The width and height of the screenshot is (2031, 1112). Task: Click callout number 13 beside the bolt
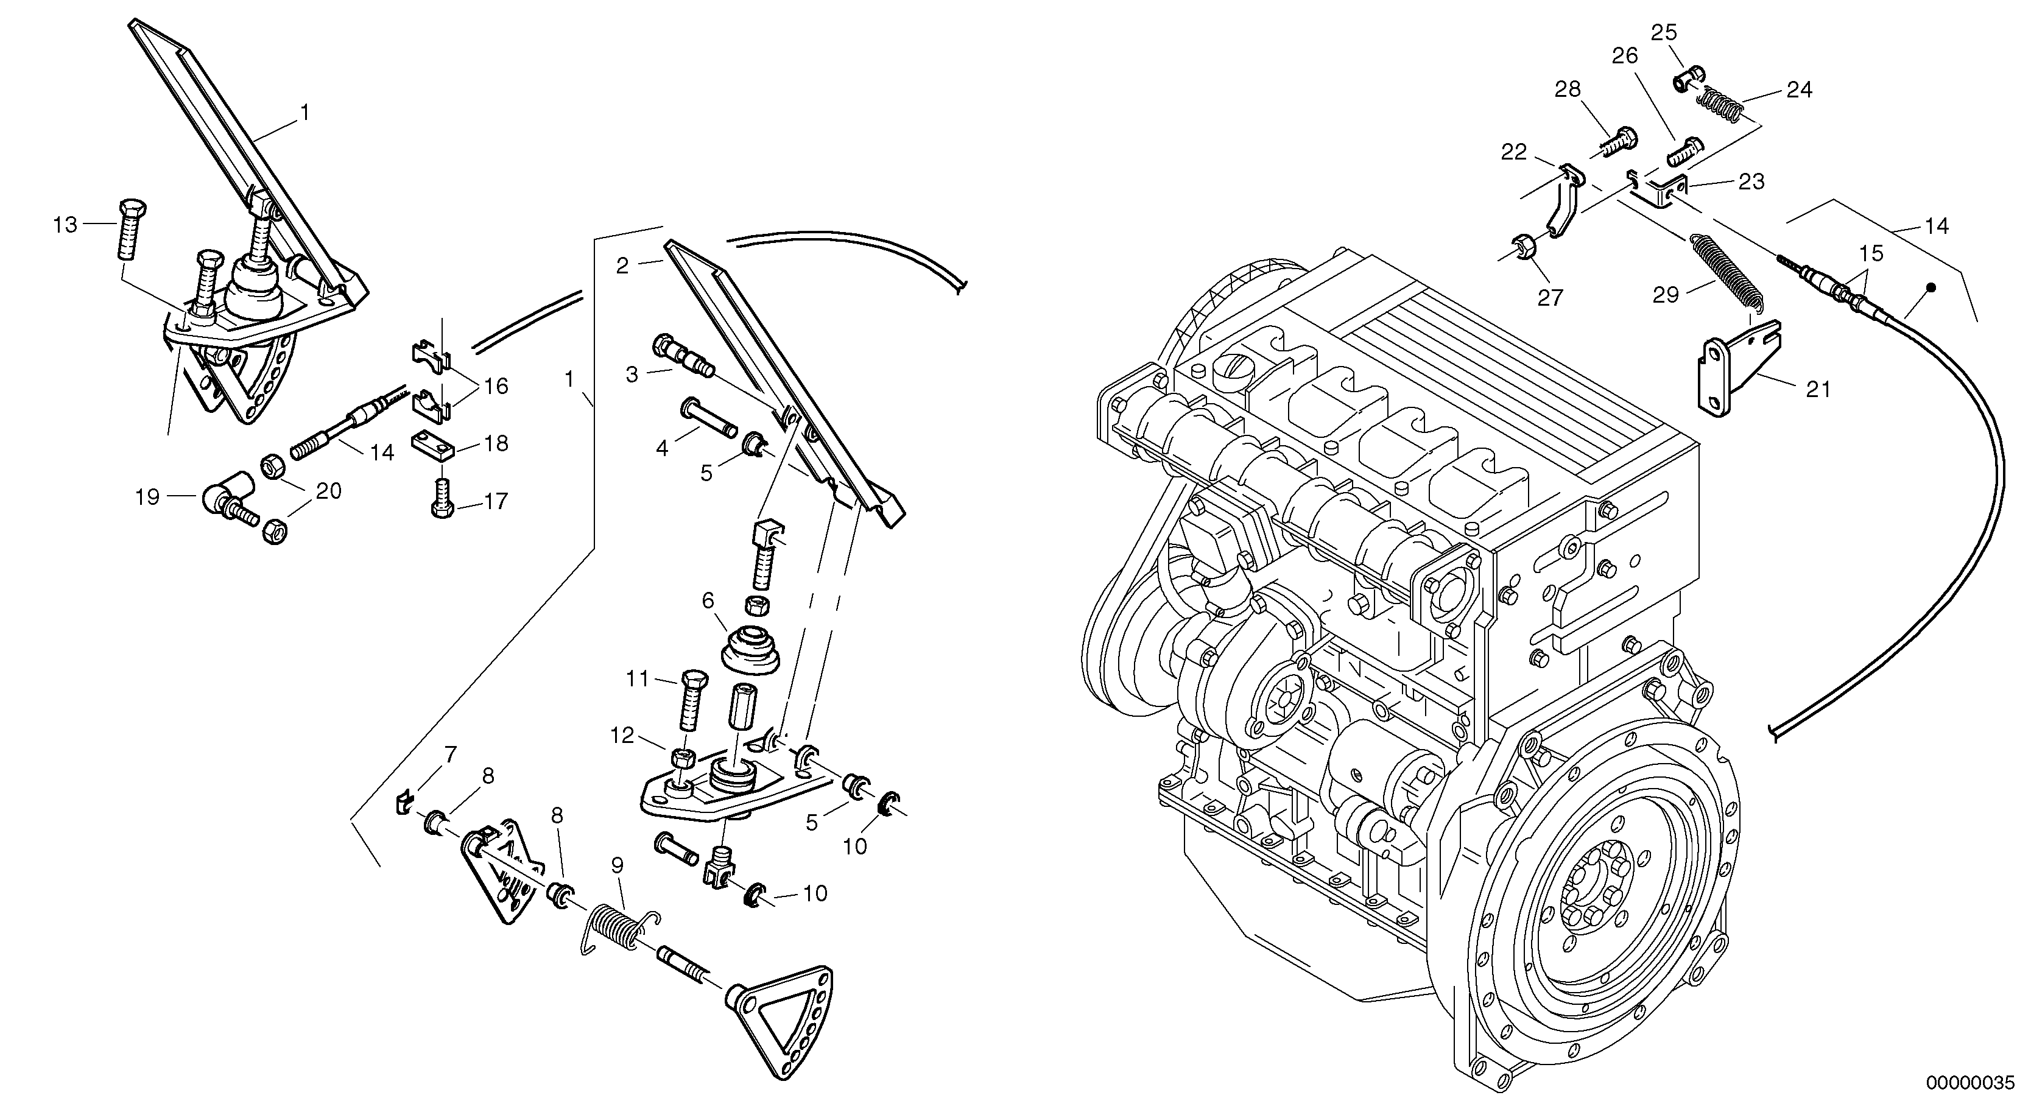(x=65, y=225)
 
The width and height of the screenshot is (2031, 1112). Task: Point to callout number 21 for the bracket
(x=1818, y=389)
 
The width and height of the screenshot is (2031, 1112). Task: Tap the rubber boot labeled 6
(x=750, y=650)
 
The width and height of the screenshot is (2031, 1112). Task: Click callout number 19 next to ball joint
(x=147, y=497)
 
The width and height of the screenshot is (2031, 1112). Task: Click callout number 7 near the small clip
(x=450, y=754)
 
